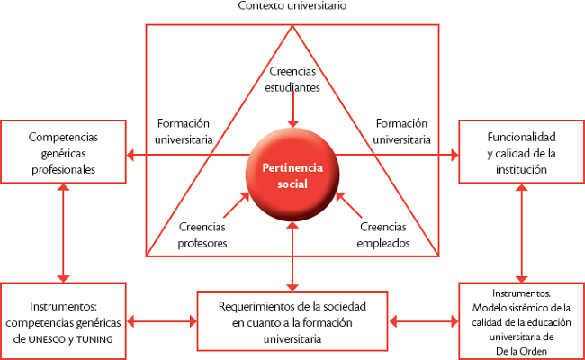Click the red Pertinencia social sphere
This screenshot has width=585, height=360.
(292, 175)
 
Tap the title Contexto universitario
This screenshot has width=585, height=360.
(292, 5)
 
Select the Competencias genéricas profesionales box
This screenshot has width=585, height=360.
(63, 152)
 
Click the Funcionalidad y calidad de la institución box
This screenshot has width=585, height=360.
(522, 152)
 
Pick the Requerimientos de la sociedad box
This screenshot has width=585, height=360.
(292, 321)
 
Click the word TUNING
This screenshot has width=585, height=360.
(94, 340)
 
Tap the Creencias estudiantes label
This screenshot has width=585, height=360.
(292, 79)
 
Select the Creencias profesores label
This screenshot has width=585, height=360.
(202, 235)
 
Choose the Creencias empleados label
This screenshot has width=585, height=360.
(383, 235)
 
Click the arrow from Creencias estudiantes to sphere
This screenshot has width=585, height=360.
(292, 108)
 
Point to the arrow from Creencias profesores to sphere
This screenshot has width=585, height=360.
(236, 205)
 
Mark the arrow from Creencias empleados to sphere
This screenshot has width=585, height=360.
(349, 205)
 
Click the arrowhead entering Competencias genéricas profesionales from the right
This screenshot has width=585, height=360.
(130, 155)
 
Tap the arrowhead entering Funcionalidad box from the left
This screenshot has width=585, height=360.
(454, 155)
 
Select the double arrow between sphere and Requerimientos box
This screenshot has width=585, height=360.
(292, 256)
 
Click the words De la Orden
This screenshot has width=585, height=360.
(522, 351)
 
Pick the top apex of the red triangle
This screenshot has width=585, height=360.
(292, 26)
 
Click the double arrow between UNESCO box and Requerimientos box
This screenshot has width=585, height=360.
(161, 321)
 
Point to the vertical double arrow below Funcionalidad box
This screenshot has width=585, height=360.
(522, 233)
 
